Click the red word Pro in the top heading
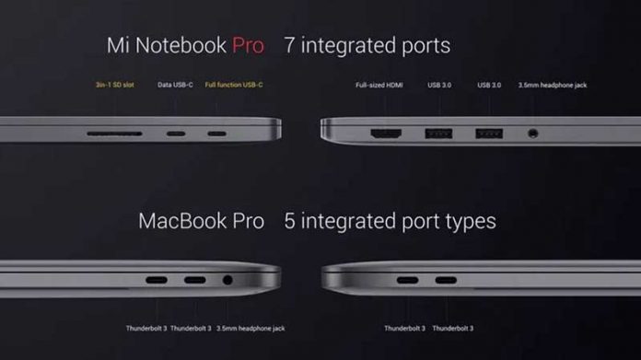point(248,45)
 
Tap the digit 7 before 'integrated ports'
point(289,45)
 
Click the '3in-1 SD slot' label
point(115,85)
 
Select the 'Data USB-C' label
point(175,85)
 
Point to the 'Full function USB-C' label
point(234,85)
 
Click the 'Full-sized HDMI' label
point(379,86)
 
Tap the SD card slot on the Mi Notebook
point(114,134)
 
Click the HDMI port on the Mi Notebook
point(386,134)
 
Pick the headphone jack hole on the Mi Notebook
point(532,134)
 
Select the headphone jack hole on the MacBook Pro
point(227,280)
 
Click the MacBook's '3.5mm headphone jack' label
point(251,329)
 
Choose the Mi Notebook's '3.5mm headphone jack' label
point(553,86)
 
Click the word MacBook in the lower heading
point(181,221)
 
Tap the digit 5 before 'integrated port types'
point(289,221)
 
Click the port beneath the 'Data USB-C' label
point(176,134)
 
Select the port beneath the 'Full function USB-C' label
point(216,134)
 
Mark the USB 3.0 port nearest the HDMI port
point(438,134)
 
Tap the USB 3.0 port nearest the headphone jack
point(489,134)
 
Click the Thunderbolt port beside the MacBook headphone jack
point(195,280)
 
